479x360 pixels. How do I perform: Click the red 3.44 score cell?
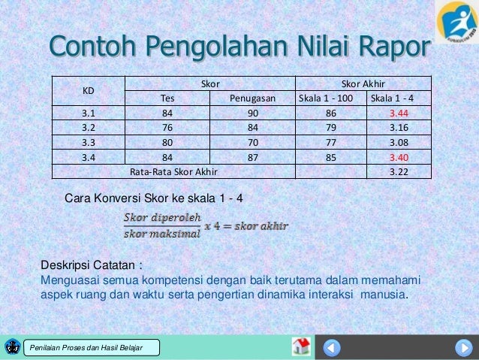point(398,113)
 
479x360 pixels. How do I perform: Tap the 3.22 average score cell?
point(398,171)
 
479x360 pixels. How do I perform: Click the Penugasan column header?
point(252,98)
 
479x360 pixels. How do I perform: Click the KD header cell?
point(88,91)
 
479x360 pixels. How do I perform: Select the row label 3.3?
point(88,142)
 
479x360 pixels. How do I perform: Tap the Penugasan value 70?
point(252,142)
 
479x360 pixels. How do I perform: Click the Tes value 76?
point(167,127)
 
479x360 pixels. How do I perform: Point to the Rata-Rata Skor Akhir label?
point(173,171)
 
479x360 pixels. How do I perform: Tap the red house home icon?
point(301,346)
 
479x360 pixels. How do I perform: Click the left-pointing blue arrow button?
point(332,347)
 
